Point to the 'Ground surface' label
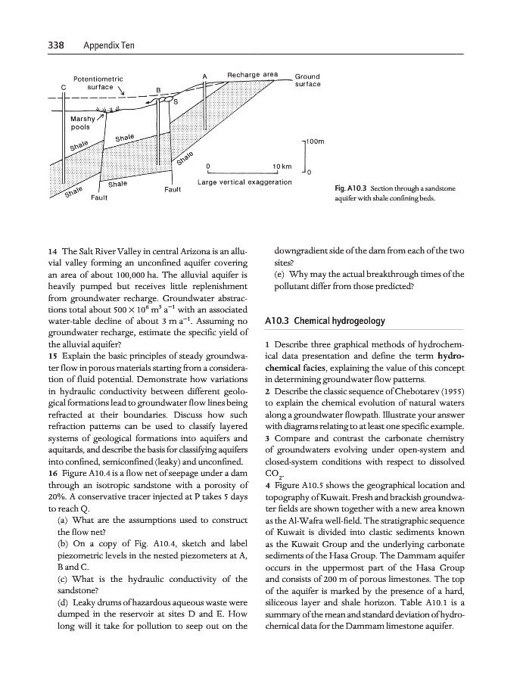tap(307, 80)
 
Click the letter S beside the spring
tap(176, 102)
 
